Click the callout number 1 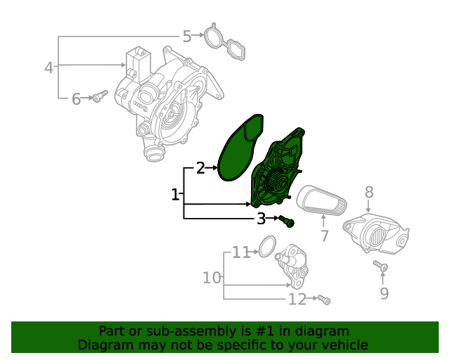pyautogui.click(x=175, y=194)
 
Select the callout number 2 pyautogui.click(x=200, y=168)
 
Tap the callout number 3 pyautogui.click(x=261, y=219)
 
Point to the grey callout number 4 pyautogui.click(x=49, y=68)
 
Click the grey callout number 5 pyautogui.click(x=187, y=37)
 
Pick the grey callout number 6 pyautogui.click(x=76, y=99)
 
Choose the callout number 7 pyautogui.click(x=324, y=236)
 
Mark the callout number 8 pyautogui.click(x=368, y=192)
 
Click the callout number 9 pyautogui.click(x=384, y=293)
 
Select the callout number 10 pyautogui.click(x=212, y=278)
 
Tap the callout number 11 pyautogui.click(x=241, y=252)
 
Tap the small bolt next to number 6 pyautogui.click(x=101, y=96)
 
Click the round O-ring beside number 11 pyautogui.click(x=266, y=246)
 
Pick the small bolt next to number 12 pyautogui.click(x=323, y=300)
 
